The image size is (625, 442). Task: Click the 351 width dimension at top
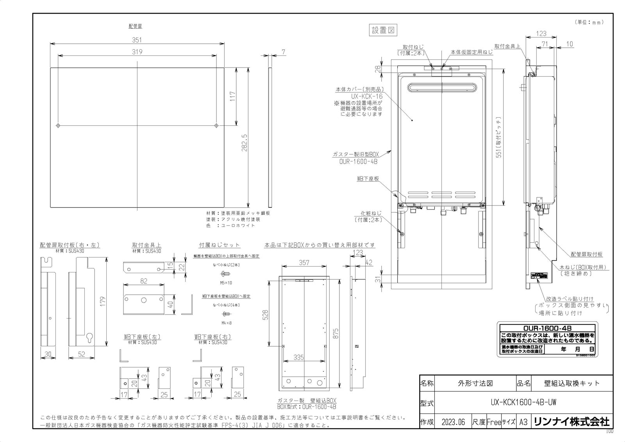137,40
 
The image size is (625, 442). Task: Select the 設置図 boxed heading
384,30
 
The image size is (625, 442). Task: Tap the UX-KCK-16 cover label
366,96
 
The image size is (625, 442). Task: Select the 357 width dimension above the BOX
304,263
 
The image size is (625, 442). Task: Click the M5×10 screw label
226,283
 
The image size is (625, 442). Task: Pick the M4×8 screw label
226,323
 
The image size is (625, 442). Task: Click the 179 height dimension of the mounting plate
103,302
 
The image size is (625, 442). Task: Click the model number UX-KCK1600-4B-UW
523,402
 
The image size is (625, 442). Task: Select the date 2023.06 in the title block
453,422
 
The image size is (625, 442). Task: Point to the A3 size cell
523,422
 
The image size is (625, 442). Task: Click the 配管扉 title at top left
135,26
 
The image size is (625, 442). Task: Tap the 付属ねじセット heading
220,245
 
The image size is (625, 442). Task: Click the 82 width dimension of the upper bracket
143,281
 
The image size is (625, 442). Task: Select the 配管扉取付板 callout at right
586,254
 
